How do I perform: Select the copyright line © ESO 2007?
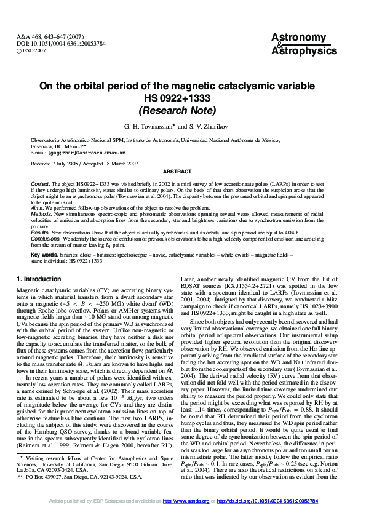click(31, 50)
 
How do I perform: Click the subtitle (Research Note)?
click(177, 111)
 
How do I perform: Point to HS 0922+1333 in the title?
click(177, 98)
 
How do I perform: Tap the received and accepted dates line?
click(84, 164)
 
